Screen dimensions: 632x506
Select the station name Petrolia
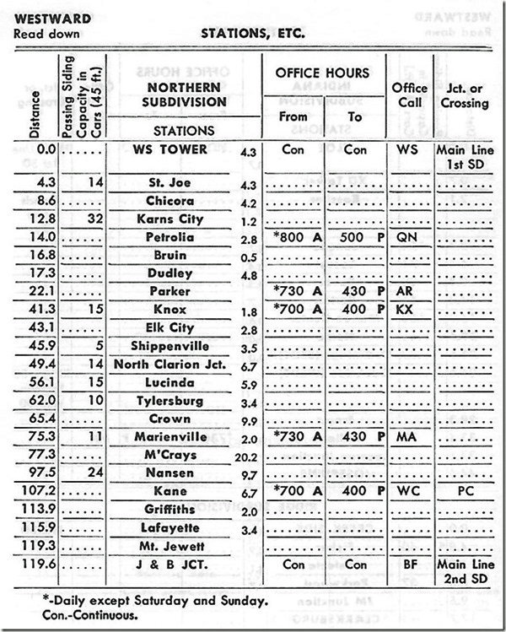pyautogui.click(x=175, y=237)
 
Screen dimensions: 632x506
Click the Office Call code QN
pyautogui.click(x=406, y=237)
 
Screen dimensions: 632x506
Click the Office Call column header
pyautogui.click(x=410, y=96)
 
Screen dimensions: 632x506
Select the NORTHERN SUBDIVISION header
pyautogui.click(x=174, y=95)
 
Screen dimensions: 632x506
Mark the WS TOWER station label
pyautogui.click(x=175, y=150)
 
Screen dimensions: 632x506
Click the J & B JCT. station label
pyautogui.click(x=175, y=563)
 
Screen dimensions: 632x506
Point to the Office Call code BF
pyautogui.click(x=406, y=563)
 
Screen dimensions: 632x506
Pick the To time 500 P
pyautogui.click(x=354, y=237)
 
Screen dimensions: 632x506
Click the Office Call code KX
pyautogui.click(x=406, y=310)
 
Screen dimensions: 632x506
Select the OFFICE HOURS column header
pyautogui.click(x=324, y=73)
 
